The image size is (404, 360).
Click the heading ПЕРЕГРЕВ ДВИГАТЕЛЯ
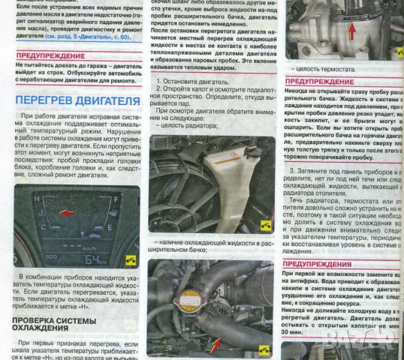point(77,100)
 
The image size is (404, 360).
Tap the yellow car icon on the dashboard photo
point(131,260)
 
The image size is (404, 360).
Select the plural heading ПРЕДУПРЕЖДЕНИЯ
point(324,265)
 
